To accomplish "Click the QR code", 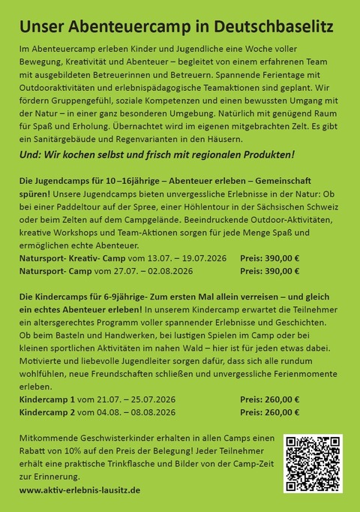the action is pyautogui.click(x=313, y=462).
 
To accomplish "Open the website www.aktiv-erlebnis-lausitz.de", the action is pyautogui.click(x=79, y=489).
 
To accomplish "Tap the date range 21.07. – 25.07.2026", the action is pyautogui.click(x=133, y=399).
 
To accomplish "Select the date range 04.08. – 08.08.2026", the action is pyautogui.click(x=133, y=412).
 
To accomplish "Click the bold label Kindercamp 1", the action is pyautogui.click(x=47, y=399).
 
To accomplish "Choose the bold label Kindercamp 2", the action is pyautogui.click(x=47, y=412).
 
